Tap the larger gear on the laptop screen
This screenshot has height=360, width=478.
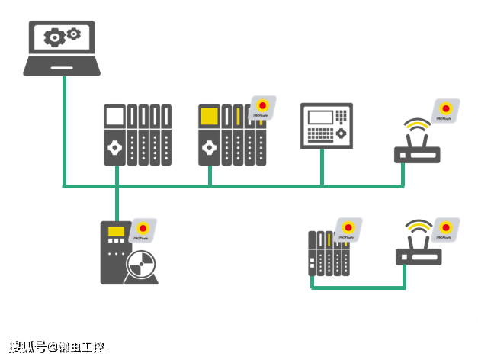pos(53,37)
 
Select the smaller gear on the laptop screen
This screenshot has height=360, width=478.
pos(74,33)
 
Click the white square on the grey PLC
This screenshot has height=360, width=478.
pos(114,117)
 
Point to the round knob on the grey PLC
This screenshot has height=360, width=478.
pos(114,146)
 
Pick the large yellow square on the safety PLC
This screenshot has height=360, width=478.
pos(209,117)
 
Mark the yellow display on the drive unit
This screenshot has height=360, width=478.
pos(117,231)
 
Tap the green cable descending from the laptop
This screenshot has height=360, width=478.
pos(63,130)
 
